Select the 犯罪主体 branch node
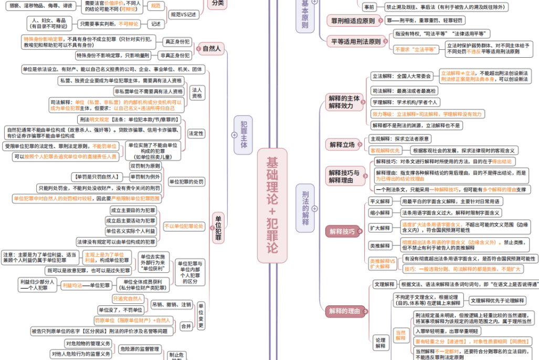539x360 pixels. (x=244, y=135)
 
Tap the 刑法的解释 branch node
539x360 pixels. (x=305, y=207)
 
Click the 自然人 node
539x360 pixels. (x=212, y=49)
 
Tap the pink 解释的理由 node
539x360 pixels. (x=344, y=311)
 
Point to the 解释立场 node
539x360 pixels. (x=342, y=144)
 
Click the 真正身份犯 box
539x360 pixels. (x=177, y=41)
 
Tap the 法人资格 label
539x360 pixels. (x=197, y=93)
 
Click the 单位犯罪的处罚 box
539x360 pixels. (x=186, y=182)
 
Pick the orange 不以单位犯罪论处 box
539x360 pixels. (x=183, y=226)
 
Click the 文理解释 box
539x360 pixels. (x=383, y=284)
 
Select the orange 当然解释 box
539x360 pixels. (x=400, y=335)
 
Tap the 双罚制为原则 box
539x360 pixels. (x=145, y=166)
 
